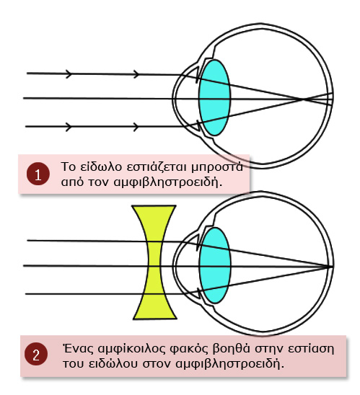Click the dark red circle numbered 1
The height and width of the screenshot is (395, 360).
coord(38,174)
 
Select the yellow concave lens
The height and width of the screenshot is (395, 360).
coord(154,262)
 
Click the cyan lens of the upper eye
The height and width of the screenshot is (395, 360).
coord(214,97)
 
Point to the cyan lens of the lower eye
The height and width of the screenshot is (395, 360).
coord(215,265)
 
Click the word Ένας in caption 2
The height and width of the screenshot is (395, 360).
coord(78,349)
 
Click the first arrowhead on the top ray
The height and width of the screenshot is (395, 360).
coord(69,74)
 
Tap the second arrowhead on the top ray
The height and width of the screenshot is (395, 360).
coord(136,74)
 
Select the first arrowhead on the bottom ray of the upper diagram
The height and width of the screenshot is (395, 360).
coord(69,127)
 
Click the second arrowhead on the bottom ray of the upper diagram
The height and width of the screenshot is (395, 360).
coord(136,127)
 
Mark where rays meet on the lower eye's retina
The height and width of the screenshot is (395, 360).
coord(330,266)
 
